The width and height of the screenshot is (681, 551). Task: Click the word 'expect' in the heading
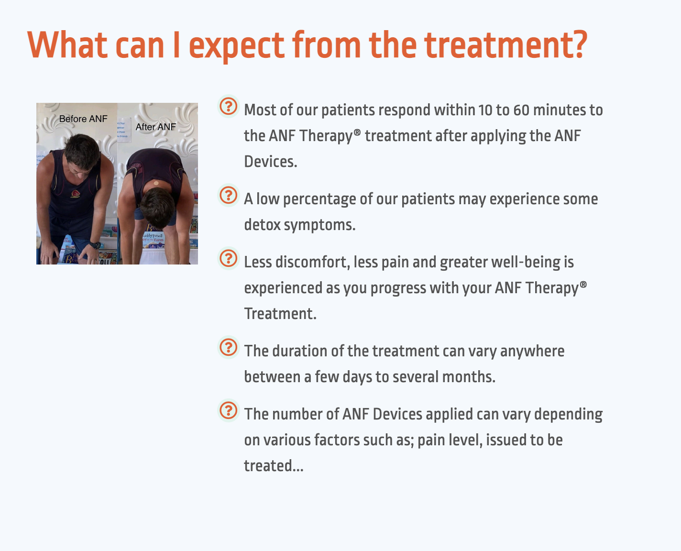tap(237, 46)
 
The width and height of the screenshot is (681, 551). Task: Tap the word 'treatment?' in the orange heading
tap(506, 45)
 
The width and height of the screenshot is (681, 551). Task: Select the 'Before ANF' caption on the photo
tap(83, 119)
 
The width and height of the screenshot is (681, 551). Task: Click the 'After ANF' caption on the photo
tap(156, 127)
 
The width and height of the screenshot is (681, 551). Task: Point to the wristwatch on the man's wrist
tap(95, 245)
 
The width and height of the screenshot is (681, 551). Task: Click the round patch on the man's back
tap(156, 184)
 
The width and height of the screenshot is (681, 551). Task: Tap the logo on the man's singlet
tap(75, 194)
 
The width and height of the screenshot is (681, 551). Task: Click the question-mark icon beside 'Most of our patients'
tap(228, 106)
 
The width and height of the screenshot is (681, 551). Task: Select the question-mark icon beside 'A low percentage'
tap(228, 195)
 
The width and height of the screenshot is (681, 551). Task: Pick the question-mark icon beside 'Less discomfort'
tap(228, 258)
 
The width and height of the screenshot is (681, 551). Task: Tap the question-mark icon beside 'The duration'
tap(228, 347)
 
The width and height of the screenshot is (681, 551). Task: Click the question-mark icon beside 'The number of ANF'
tap(228, 410)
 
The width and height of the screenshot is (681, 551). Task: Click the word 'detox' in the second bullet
tap(263, 225)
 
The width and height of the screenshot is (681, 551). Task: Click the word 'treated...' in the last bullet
tap(274, 466)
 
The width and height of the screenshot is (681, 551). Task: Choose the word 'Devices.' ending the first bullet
tap(271, 162)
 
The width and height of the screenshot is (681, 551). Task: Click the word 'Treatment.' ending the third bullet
tap(280, 314)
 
